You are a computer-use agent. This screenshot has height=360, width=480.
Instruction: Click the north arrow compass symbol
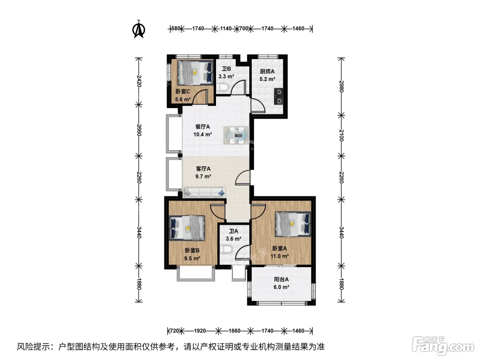pyautogui.click(x=139, y=29)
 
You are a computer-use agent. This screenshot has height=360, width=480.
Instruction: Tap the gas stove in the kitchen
pyautogui.click(x=279, y=96)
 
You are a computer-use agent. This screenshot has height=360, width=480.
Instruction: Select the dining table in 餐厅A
pyautogui.click(x=236, y=135)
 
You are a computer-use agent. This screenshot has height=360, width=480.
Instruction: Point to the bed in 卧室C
pyautogui.click(x=195, y=73)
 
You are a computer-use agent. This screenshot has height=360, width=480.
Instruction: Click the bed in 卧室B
pyautogui.click(x=187, y=228)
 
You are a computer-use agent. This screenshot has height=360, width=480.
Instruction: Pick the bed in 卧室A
pyautogui.click(x=293, y=224)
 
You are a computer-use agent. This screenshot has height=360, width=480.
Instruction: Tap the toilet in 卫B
pyautogui.click(x=223, y=87)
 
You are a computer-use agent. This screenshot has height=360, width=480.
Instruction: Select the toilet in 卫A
pyautogui.click(x=226, y=249)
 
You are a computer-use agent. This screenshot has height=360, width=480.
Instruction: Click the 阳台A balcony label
pyautogui.click(x=281, y=279)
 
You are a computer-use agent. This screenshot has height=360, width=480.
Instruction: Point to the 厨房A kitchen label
pyautogui.click(x=267, y=71)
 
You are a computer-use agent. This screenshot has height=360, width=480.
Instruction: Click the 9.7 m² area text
pyautogui.click(x=203, y=176)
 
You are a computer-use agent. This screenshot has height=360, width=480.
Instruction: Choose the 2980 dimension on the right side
pyautogui.click(x=341, y=86)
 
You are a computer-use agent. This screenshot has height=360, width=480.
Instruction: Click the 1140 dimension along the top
pyautogui.click(x=226, y=29)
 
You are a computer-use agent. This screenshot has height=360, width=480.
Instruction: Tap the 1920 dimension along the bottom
pyautogui.click(x=200, y=331)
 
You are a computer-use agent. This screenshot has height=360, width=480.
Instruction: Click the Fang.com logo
pyautogui.click(x=443, y=346)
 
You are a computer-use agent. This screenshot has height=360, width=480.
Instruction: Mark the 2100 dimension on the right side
pyautogui.click(x=341, y=135)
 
